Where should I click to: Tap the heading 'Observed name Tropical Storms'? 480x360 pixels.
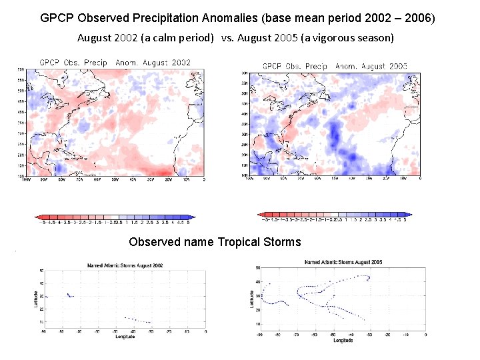click(x=215, y=242)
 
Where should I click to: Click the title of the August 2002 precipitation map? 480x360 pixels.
click(x=115, y=63)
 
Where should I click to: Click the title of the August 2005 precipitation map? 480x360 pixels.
click(x=335, y=66)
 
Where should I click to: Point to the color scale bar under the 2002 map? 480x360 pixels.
click(x=115, y=217)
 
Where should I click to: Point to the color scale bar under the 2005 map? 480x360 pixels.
click(x=335, y=215)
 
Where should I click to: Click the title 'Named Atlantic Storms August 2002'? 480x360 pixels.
click(x=125, y=265)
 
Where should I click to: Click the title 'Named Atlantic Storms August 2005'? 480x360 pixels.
click(x=343, y=262)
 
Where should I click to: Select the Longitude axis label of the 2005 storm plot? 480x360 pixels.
click(x=343, y=340)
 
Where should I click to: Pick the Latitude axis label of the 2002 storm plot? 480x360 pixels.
click(x=35, y=295)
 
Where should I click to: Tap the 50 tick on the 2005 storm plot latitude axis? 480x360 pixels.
click(x=258, y=268)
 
